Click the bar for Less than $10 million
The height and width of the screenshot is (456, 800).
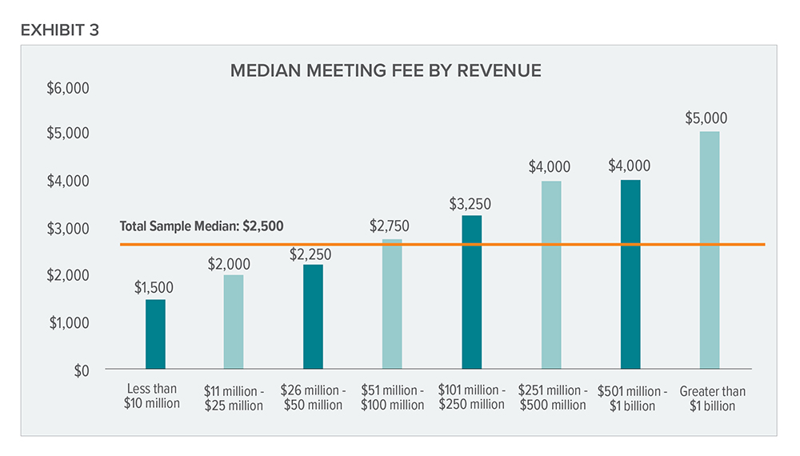click(x=155, y=334)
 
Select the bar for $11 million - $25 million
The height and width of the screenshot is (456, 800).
click(x=234, y=322)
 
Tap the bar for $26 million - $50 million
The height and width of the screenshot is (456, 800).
click(x=313, y=317)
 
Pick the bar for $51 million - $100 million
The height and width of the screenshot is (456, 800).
click(x=392, y=304)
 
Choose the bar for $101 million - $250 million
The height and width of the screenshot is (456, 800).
click(x=471, y=293)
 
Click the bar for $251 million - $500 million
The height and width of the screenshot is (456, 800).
click(x=550, y=275)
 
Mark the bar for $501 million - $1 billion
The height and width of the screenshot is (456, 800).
click(x=630, y=274)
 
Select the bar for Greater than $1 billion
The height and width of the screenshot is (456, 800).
click(x=709, y=250)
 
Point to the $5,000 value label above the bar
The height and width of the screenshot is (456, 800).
click(x=706, y=118)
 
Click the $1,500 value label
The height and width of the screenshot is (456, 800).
click(x=153, y=287)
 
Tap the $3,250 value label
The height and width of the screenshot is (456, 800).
click(x=470, y=203)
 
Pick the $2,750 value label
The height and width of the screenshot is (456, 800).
click(x=390, y=226)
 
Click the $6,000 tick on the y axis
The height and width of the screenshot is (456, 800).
click(x=70, y=86)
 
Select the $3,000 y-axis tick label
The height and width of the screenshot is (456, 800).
click(x=70, y=229)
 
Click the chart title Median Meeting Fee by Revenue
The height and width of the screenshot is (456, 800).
click(x=386, y=70)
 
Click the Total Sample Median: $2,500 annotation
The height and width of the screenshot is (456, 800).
click(x=202, y=226)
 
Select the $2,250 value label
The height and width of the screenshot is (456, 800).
click(x=310, y=254)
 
